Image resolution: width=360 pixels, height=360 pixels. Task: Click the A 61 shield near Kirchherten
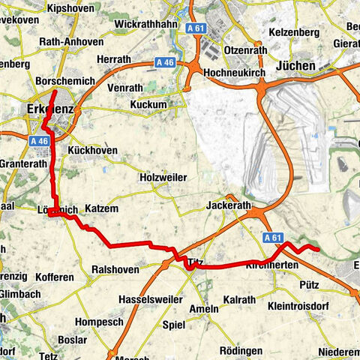[274, 237]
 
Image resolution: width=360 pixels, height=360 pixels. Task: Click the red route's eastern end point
[318, 249]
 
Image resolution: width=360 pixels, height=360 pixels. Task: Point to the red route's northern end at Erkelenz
[55, 91]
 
